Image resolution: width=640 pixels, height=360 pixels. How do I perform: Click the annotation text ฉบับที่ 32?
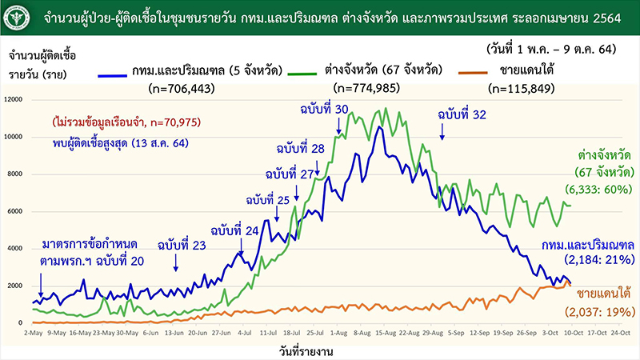(462, 115)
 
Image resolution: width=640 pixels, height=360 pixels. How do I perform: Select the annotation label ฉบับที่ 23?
(182, 246)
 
